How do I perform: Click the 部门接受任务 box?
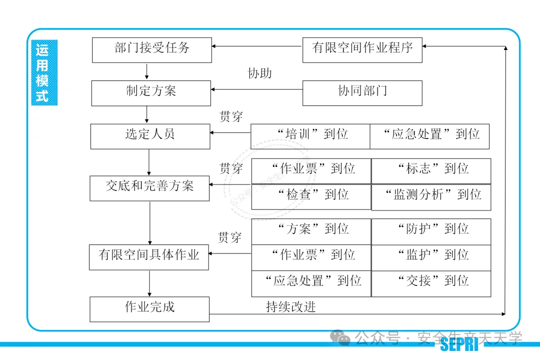coord(152,50)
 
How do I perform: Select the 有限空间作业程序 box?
coord(362,50)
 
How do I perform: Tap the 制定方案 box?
coord(151,93)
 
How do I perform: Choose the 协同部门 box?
coord(362,93)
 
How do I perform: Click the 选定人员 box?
coord(150,136)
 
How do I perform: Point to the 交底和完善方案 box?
coord(149,188)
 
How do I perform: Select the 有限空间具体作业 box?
coord(149,257)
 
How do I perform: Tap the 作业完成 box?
coord(149,309)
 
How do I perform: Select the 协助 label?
coord(260,73)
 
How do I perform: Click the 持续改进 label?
coord(291,307)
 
